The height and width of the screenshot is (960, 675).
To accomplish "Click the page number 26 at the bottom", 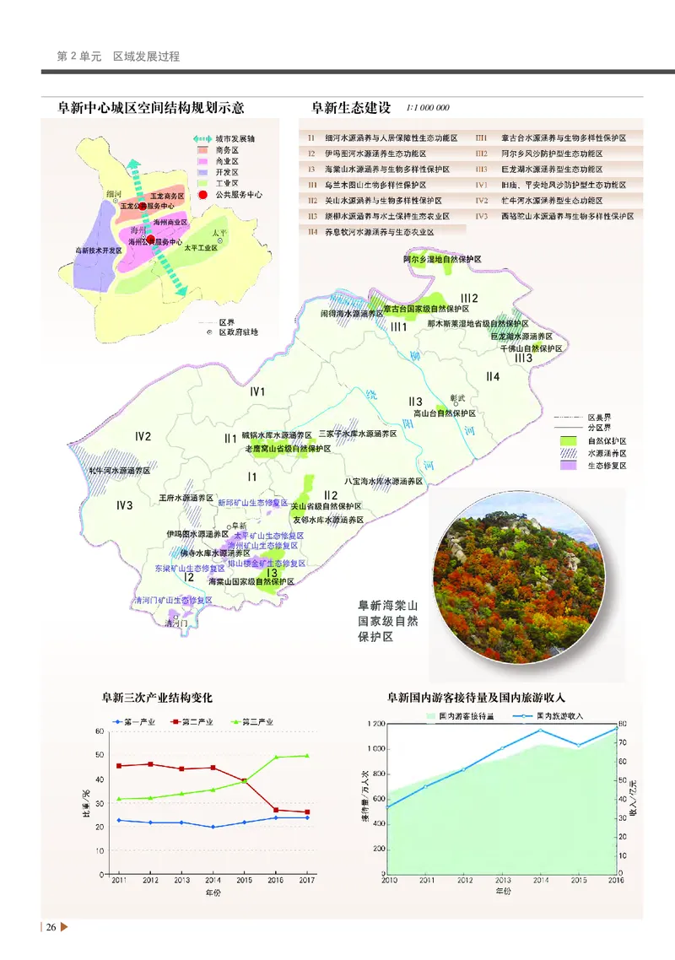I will click(51, 928).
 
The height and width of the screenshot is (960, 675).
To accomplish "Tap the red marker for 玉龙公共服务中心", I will click(141, 205).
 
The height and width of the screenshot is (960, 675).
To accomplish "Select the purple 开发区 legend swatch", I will click(203, 171).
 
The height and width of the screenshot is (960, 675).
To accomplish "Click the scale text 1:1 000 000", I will click(428, 109).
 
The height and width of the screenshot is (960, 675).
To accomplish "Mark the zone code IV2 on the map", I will click(143, 436).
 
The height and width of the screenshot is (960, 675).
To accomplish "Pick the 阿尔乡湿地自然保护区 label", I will click(442, 260).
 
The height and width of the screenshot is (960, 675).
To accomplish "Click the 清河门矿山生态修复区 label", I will click(173, 600).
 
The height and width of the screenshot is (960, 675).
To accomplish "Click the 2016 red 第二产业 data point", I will click(276, 810).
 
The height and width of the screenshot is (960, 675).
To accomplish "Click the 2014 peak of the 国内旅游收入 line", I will click(540, 730).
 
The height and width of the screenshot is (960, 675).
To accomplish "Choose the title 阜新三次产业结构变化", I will click(157, 698).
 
